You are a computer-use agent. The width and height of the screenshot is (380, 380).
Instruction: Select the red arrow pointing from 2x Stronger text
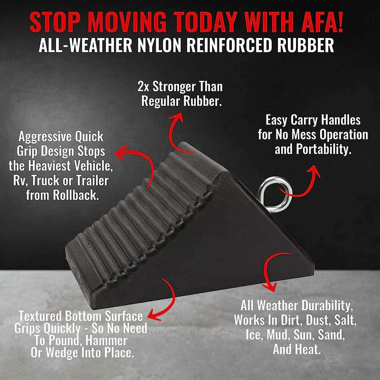pyautogui.click(x=176, y=126)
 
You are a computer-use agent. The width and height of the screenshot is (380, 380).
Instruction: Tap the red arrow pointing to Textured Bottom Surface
pyautogui.click(x=161, y=299)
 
